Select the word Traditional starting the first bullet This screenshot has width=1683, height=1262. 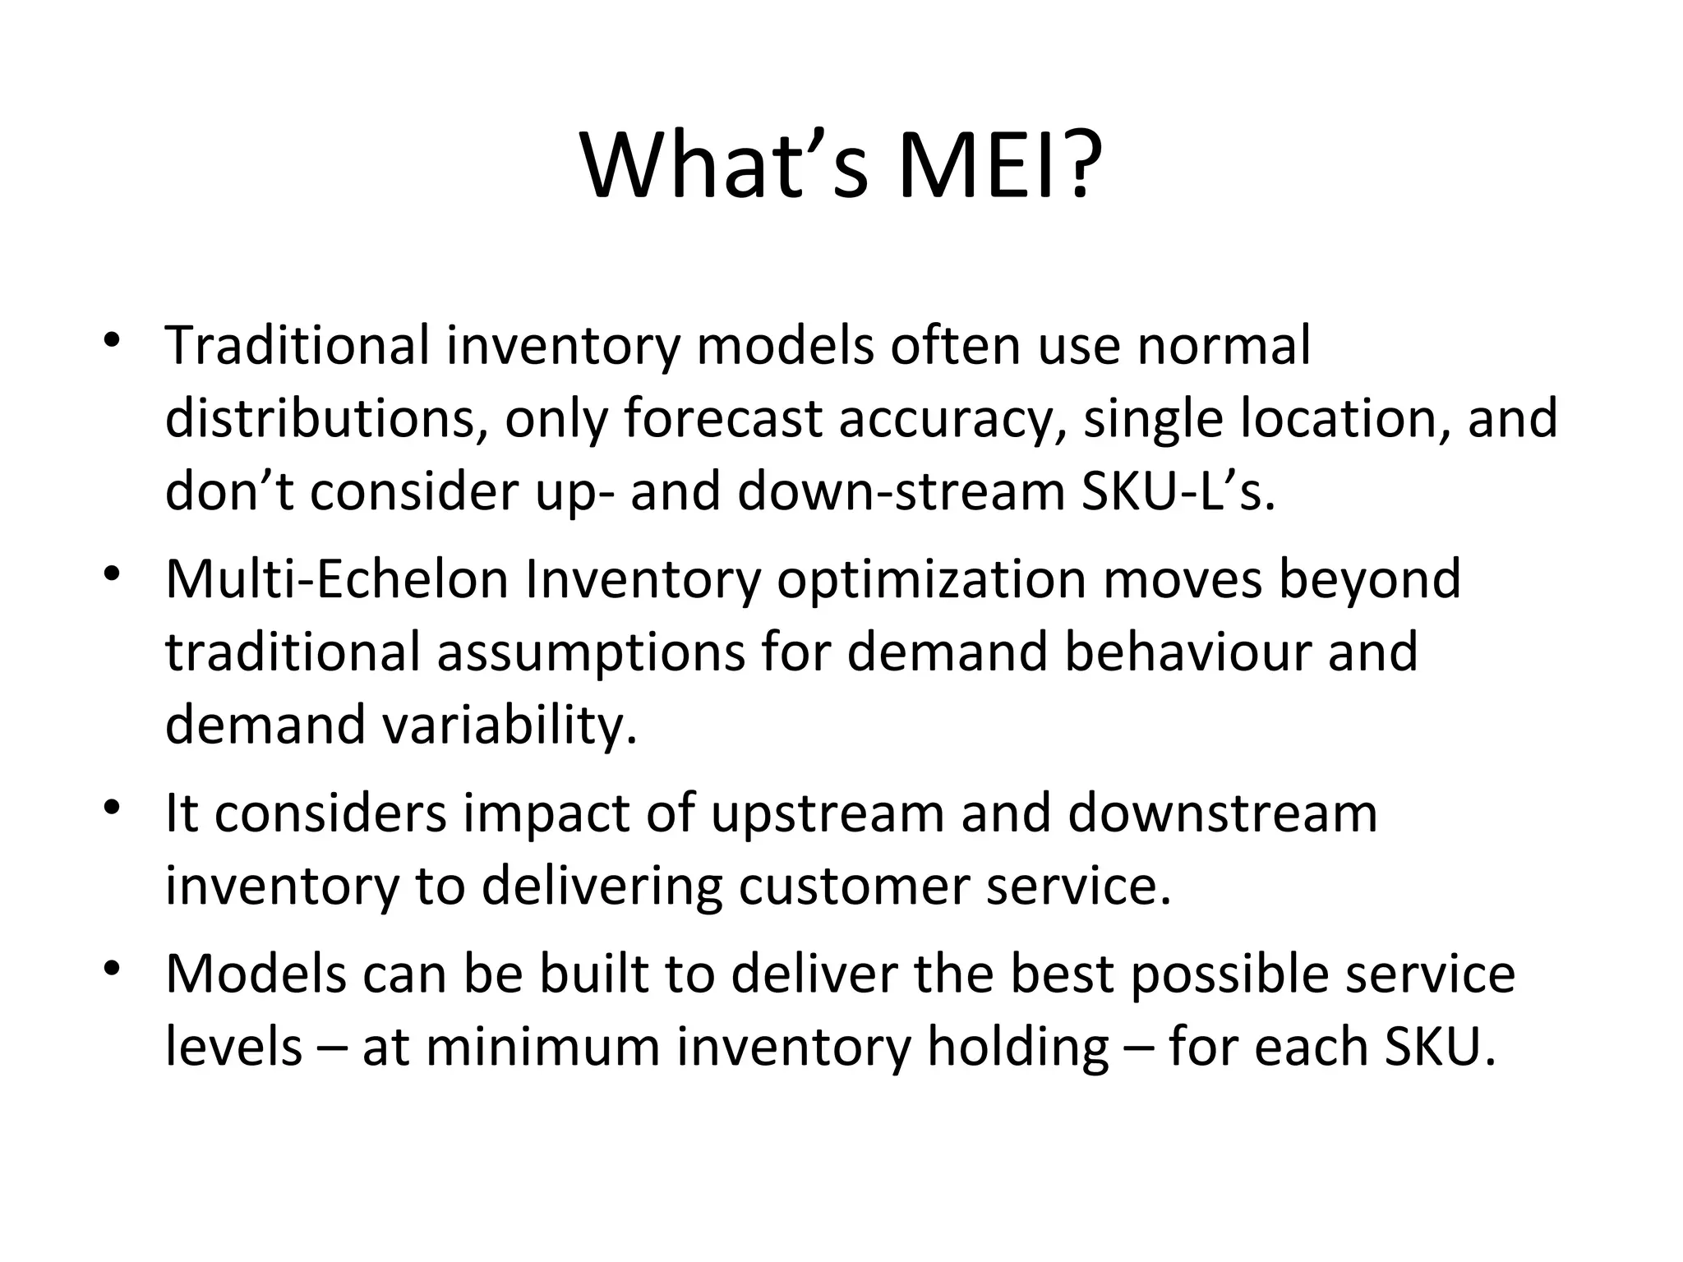[x=297, y=346]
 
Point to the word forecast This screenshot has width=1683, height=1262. [x=722, y=419]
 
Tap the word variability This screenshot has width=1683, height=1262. [x=510, y=725]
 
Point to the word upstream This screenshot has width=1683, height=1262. [x=828, y=813]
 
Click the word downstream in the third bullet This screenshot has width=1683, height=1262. [x=1222, y=813]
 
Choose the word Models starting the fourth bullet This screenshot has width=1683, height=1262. [x=256, y=974]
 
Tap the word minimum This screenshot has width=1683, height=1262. [x=543, y=1048]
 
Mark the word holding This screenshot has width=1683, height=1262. [x=1019, y=1048]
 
